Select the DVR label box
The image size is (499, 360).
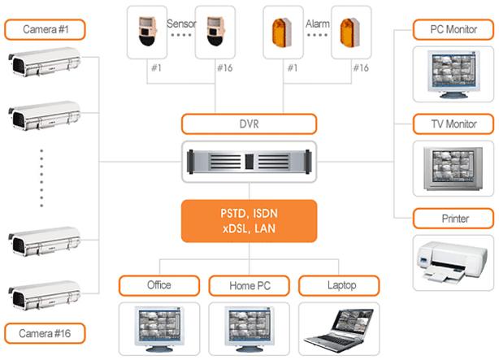[x=248, y=124]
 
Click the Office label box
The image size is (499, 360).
[x=159, y=285]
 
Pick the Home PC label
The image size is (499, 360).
[x=249, y=285]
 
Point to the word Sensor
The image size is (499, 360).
[x=182, y=24]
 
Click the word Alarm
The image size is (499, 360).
[x=317, y=24]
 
